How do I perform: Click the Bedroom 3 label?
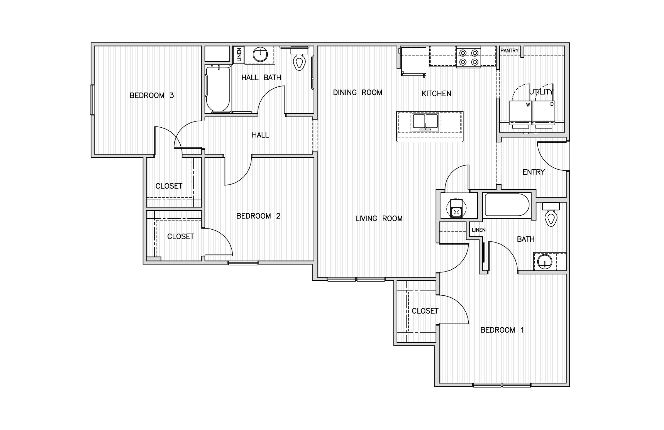click(x=152, y=96)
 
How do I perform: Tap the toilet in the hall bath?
click(x=299, y=59)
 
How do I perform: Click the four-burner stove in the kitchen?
click(x=468, y=57)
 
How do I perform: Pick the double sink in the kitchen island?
click(x=425, y=122)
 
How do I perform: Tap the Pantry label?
click(x=510, y=51)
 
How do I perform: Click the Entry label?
click(x=533, y=172)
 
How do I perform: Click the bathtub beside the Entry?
click(x=507, y=205)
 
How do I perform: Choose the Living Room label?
click(x=379, y=218)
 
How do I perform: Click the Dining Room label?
click(x=357, y=93)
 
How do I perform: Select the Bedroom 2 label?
click(x=258, y=216)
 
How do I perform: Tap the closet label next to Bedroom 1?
click(x=425, y=311)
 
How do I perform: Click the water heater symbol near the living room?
click(x=456, y=209)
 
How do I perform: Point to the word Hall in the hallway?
click(x=260, y=135)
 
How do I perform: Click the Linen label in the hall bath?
click(x=239, y=55)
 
